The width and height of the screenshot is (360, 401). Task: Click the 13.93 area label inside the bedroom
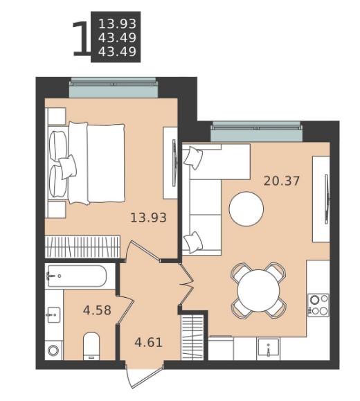pos(149,217)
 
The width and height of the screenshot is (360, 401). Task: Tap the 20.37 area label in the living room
pos(282,181)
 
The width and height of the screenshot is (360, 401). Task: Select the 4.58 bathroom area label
pos(97,310)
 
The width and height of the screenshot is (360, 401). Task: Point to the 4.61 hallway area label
pos(149,342)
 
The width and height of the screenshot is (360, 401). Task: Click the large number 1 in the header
pos(81,39)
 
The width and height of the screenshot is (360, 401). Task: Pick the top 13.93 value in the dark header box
pos(118,24)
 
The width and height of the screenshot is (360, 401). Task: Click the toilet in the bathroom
pos(91,346)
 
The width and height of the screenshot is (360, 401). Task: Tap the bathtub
pos(77,276)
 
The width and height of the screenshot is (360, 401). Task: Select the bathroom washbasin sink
pos(53,315)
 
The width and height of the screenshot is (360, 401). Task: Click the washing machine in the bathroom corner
pos(53,350)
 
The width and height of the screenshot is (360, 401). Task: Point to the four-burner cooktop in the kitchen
pos(318,305)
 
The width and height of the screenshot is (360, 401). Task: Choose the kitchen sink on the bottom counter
pos(268,347)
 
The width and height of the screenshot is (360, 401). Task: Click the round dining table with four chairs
pos(258,290)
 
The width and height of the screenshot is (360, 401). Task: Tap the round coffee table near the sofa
pos(246,208)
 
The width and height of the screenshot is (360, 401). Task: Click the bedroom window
pos(114,87)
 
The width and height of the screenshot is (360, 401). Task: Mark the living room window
pos(256,132)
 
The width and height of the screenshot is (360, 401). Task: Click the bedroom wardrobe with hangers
pos(82,247)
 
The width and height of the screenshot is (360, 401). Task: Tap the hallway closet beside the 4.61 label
pos(192,337)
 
